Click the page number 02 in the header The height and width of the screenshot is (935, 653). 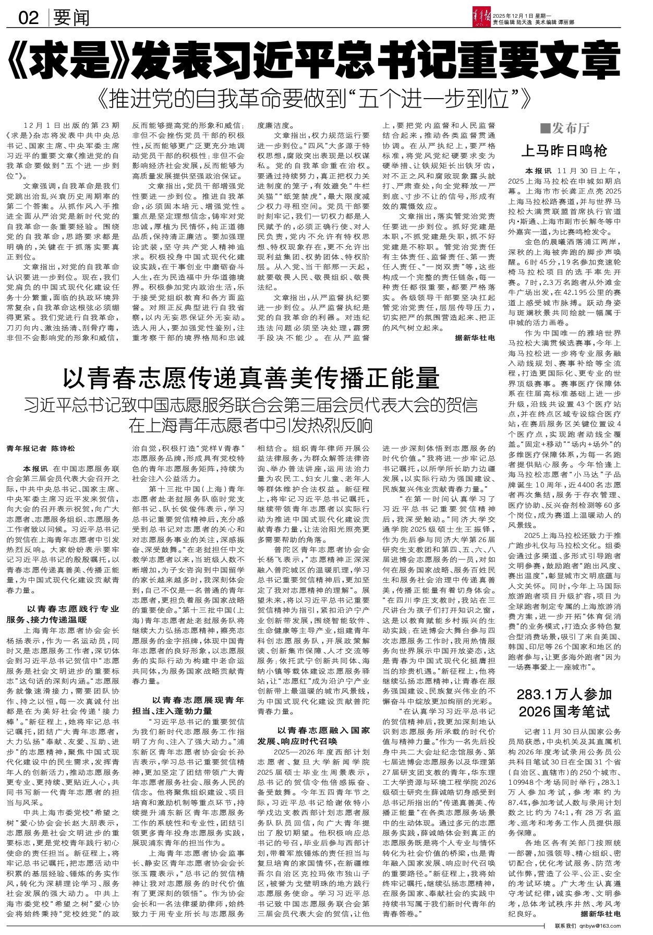click(29, 19)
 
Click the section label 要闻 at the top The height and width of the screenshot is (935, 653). click(71, 19)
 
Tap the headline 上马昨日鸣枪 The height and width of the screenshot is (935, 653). click(564, 151)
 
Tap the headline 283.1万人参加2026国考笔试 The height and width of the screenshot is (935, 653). click(564, 703)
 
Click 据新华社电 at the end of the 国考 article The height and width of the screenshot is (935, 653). click(601, 914)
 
